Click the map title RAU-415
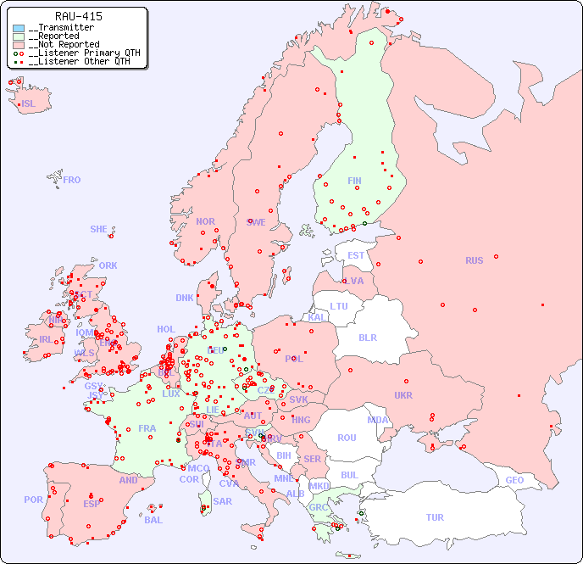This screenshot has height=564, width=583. coord(79,16)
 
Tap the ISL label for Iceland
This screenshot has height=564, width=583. coord(29,104)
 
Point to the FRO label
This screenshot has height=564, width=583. coord(72,180)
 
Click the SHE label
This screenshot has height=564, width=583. coord(99,229)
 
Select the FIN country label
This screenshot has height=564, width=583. coord(354,181)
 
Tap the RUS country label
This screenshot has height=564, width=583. coord(474,260)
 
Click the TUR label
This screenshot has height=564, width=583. coord(435,517)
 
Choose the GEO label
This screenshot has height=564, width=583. coord(514,480)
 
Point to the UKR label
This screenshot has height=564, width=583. coord(403,395)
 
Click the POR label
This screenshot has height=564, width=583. coord(33,500)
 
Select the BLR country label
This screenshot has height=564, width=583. coord(368,337)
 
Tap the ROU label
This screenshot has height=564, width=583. coord(347,438)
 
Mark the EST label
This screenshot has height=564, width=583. coord(356,255)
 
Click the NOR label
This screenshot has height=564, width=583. coord(205,221)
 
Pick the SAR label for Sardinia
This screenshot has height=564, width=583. coord(223,501)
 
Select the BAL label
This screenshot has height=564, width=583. coord(153,520)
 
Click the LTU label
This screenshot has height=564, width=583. coord(339,306)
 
